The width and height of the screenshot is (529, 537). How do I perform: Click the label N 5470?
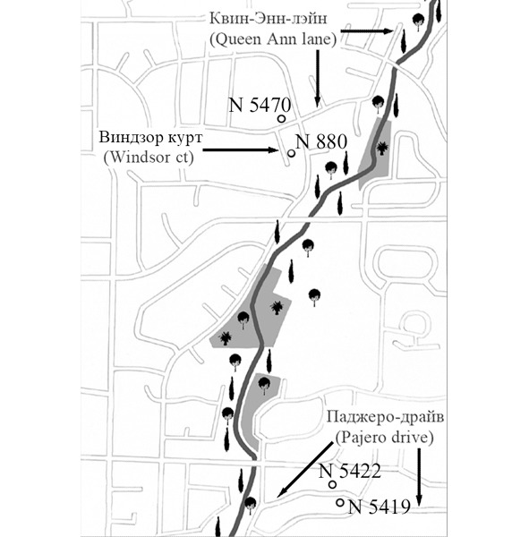click(260, 105)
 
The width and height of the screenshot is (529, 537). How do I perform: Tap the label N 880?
click(321, 141)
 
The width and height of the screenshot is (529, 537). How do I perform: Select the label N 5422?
click(350, 471)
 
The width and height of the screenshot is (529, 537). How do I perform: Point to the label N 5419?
click(379, 507)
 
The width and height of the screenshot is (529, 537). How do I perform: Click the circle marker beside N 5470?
click(282, 119)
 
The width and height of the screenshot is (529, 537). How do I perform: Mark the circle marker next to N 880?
click(292, 153)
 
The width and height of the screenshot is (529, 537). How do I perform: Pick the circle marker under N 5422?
click(332, 484)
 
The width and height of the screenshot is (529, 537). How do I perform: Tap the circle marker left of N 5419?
click(340, 503)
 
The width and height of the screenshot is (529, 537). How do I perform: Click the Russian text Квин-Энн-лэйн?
click(268, 18)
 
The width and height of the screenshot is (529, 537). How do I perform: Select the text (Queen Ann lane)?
click(273, 39)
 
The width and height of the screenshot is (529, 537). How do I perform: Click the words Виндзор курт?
click(150, 137)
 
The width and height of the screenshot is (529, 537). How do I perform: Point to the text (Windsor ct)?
click(149, 158)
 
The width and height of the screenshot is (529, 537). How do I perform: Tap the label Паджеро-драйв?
click(385, 418)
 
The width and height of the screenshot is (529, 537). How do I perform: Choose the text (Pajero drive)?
click(384, 438)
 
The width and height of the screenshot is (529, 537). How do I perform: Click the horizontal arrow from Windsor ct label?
click(241, 149)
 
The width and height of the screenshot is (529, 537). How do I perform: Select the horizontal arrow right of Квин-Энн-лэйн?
click(367, 30)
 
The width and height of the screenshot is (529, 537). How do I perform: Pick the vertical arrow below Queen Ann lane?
click(317, 79)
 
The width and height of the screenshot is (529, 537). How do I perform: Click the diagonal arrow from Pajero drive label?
click(304, 470)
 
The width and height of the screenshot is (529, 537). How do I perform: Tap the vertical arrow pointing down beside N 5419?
click(418, 477)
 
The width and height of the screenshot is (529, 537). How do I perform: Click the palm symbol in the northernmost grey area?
click(382, 149)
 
